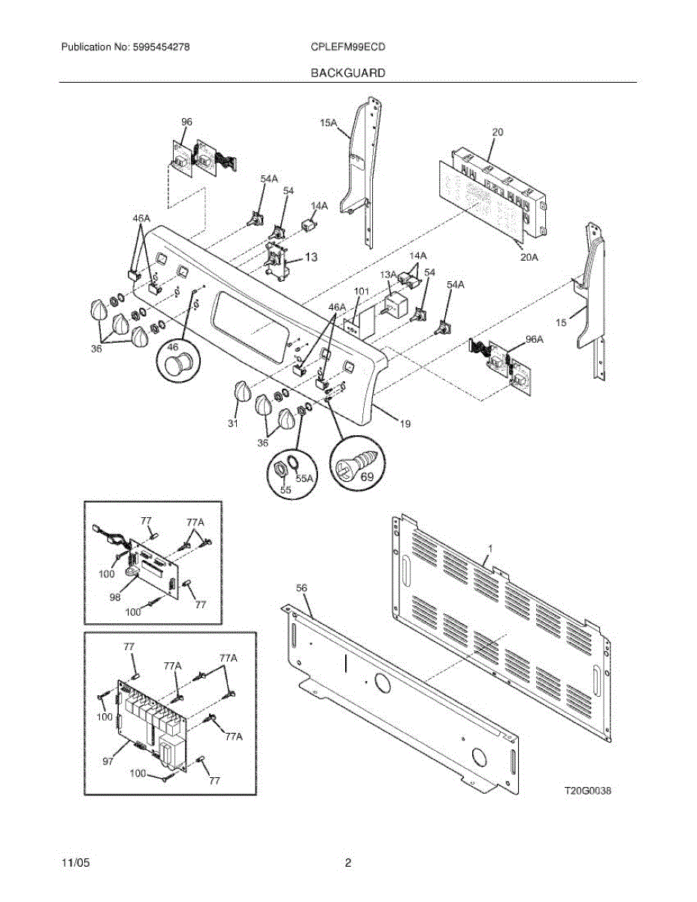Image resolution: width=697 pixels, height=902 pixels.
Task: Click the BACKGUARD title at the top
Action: coord(348,73)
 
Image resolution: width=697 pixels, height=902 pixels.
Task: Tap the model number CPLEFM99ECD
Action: coord(348,47)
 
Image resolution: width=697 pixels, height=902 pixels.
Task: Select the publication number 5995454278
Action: coord(125,47)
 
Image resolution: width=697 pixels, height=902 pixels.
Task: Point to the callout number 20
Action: coord(498,132)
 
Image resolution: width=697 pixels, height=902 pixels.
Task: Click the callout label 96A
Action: coord(534,339)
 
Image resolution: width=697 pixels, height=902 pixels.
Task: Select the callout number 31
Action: coord(234,425)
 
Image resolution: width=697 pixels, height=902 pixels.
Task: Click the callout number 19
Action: coord(405,425)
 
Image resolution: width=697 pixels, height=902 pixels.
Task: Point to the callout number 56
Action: coord(302,587)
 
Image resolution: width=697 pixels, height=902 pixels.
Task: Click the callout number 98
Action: coord(116,598)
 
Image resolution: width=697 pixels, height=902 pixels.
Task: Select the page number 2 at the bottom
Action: coord(348,863)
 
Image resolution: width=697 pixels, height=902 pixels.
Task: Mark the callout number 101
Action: coord(361,291)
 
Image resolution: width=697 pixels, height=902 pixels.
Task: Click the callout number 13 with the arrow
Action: coord(310,257)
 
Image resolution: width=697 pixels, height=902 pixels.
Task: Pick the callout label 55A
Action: coord(305,477)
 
